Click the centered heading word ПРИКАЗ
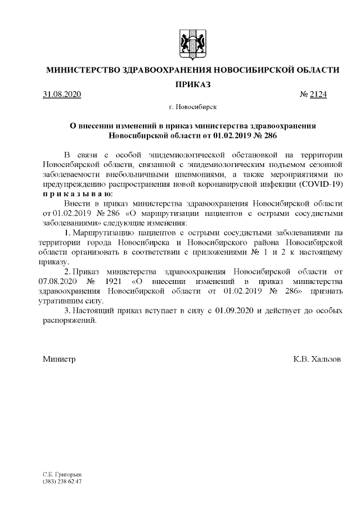(x=192, y=84)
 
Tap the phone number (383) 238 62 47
(x=62, y=482)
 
